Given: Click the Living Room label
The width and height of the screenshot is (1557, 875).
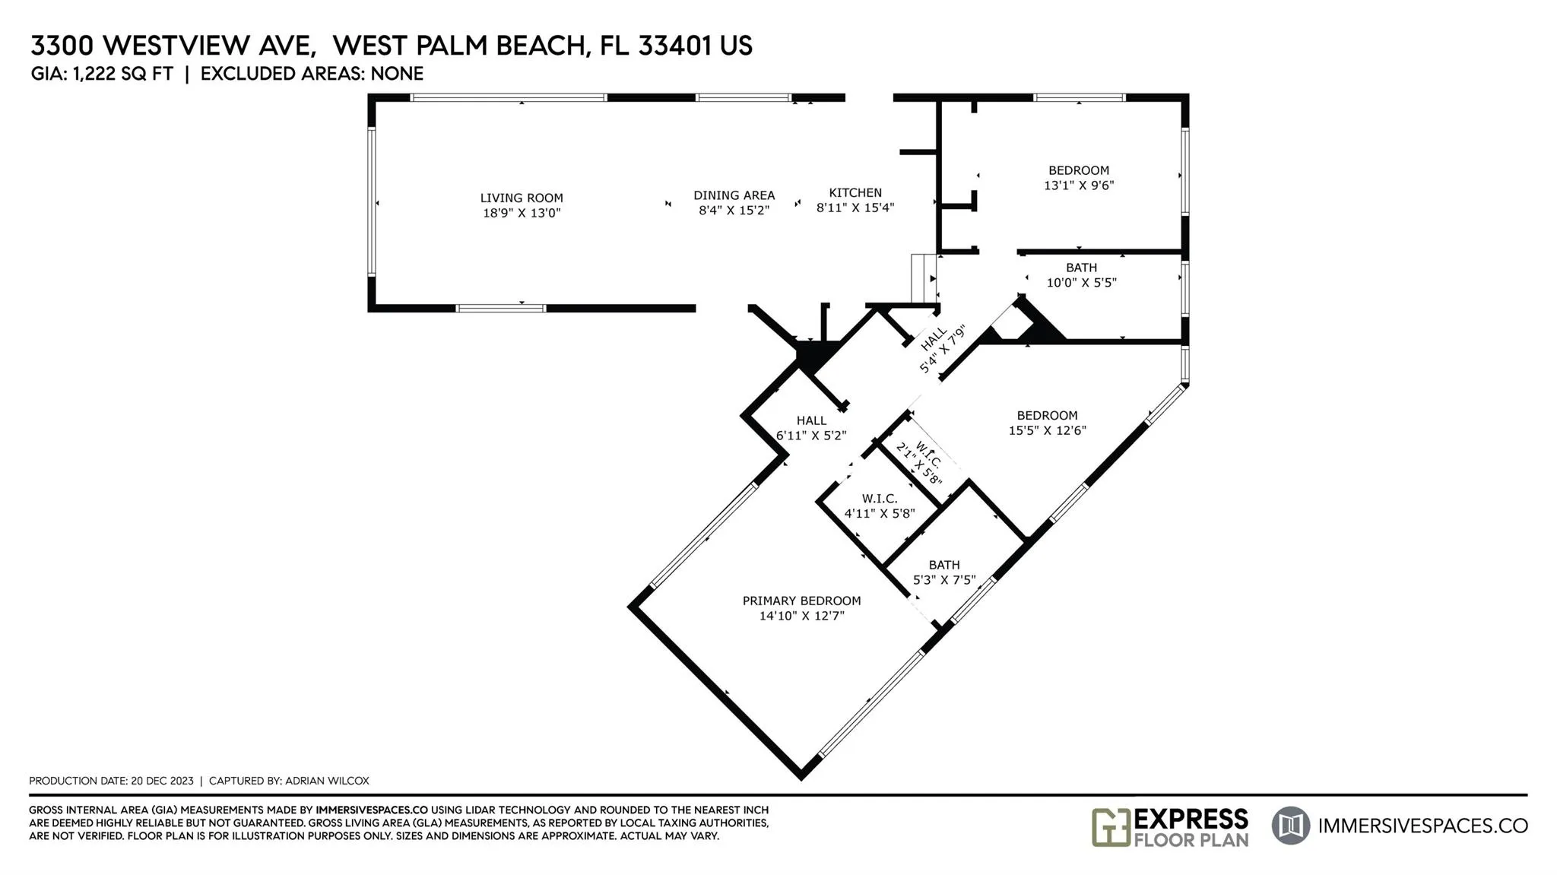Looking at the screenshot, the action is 522,198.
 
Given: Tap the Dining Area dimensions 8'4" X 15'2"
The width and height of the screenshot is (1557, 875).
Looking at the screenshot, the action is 734,211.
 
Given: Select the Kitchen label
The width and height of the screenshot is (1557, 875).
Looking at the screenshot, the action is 855,193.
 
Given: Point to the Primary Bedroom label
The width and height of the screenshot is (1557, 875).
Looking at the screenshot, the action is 802,601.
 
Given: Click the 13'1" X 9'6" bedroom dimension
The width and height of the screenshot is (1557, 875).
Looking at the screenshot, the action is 1079,185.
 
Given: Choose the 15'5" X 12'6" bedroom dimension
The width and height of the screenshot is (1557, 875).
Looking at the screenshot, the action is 1048,430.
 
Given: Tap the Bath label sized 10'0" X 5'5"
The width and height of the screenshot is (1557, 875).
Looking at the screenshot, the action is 1081,268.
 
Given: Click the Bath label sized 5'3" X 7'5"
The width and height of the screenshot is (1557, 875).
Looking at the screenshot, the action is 944,565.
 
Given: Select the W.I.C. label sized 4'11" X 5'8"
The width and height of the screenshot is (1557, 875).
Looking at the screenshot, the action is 880,499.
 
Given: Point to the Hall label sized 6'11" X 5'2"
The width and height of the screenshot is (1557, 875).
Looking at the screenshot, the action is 811,420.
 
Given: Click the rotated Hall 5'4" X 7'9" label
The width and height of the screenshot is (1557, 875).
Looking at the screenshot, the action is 942,350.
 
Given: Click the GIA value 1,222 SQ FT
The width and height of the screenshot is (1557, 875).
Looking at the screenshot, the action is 123,74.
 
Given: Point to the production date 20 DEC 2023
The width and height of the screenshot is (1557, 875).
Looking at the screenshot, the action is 162,781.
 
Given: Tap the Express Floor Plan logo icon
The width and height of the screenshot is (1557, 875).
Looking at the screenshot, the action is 1111,827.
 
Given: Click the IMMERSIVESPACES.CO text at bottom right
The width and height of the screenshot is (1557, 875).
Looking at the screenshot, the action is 1422,826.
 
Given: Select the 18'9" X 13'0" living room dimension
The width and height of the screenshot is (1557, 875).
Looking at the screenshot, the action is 522,214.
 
